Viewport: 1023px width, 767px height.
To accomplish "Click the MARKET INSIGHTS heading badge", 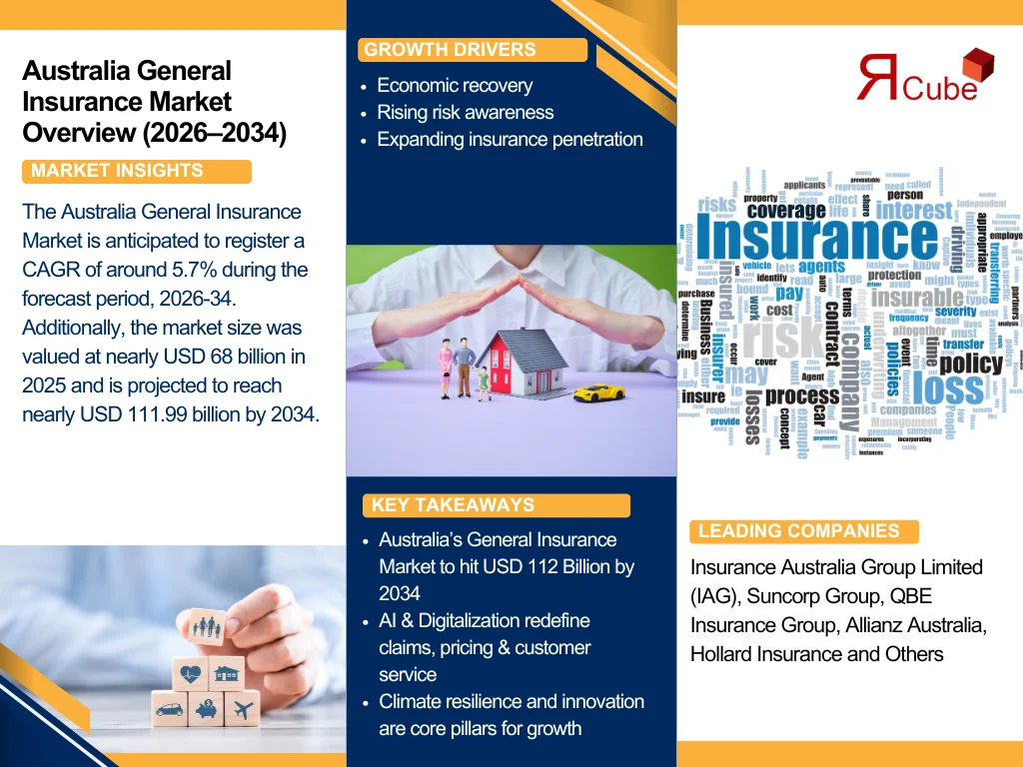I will click(x=136, y=171).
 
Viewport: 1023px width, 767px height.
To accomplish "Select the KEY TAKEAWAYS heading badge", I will click(x=495, y=505).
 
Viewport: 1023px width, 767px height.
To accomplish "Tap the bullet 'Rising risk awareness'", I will click(x=465, y=113).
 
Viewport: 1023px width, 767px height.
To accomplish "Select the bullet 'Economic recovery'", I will click(x=455, y=86).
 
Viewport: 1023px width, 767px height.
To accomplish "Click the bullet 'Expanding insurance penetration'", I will click(x=510, y=140).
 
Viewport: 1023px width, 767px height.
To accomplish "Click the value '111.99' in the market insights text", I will click(x=171, y=414).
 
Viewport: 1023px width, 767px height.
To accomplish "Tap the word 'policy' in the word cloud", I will click(x=970, y=363).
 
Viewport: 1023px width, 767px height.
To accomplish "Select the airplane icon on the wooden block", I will click(x=241, y=710).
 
